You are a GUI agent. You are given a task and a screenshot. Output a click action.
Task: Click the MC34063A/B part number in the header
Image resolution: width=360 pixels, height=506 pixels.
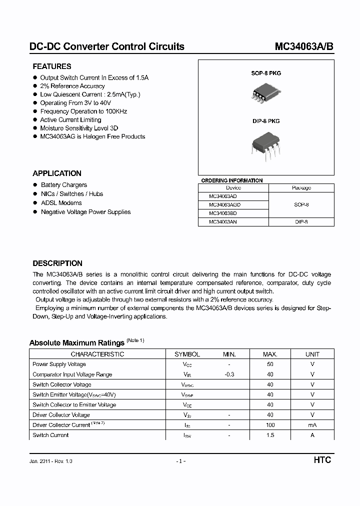[x=303, y=46]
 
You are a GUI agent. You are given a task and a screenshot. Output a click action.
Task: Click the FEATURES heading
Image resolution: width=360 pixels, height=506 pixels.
[x=52, y=66]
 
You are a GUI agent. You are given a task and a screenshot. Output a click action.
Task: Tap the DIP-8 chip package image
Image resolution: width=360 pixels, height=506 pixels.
[x=265, y=145]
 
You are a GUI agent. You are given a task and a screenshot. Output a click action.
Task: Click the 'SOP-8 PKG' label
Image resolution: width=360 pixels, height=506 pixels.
[x=266, y=73]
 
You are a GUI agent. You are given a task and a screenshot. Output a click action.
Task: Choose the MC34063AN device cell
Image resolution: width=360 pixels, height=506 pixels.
[x=223, y=221]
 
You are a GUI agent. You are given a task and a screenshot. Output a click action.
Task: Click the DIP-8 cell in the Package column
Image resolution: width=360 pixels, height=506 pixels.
[x=301, y=221]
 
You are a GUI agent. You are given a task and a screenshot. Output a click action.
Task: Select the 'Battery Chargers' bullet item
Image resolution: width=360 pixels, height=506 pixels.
[x=63, y=185]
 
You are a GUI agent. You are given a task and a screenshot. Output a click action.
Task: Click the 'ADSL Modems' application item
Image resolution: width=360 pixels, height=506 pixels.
[x=61, y=203]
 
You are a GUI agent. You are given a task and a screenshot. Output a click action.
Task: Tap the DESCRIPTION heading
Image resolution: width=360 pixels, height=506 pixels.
[x=57, y=263]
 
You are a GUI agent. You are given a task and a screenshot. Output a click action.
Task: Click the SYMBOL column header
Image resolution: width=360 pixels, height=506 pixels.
[x=187, y=354]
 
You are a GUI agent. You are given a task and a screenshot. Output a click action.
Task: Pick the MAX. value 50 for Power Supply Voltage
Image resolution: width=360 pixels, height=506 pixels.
[x=270, y=364]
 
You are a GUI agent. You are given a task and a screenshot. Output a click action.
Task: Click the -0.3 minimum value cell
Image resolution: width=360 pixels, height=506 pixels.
[x=229, y=374]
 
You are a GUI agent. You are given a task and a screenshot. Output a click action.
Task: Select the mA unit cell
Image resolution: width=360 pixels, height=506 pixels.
[x=312, y=425]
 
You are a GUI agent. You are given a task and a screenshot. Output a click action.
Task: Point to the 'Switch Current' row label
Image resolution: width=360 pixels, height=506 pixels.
[x=50, y=435]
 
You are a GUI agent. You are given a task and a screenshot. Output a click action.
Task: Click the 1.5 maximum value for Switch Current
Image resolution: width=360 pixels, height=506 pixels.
[x=270, y=435]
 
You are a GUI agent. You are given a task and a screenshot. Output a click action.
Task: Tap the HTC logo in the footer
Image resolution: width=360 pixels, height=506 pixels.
[x=322, y=460]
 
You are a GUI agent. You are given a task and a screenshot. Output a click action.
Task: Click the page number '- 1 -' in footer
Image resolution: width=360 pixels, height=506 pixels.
[x=181, y=461]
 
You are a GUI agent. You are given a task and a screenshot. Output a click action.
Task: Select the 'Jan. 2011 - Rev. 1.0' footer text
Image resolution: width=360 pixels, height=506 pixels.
[x=51, y=461]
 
